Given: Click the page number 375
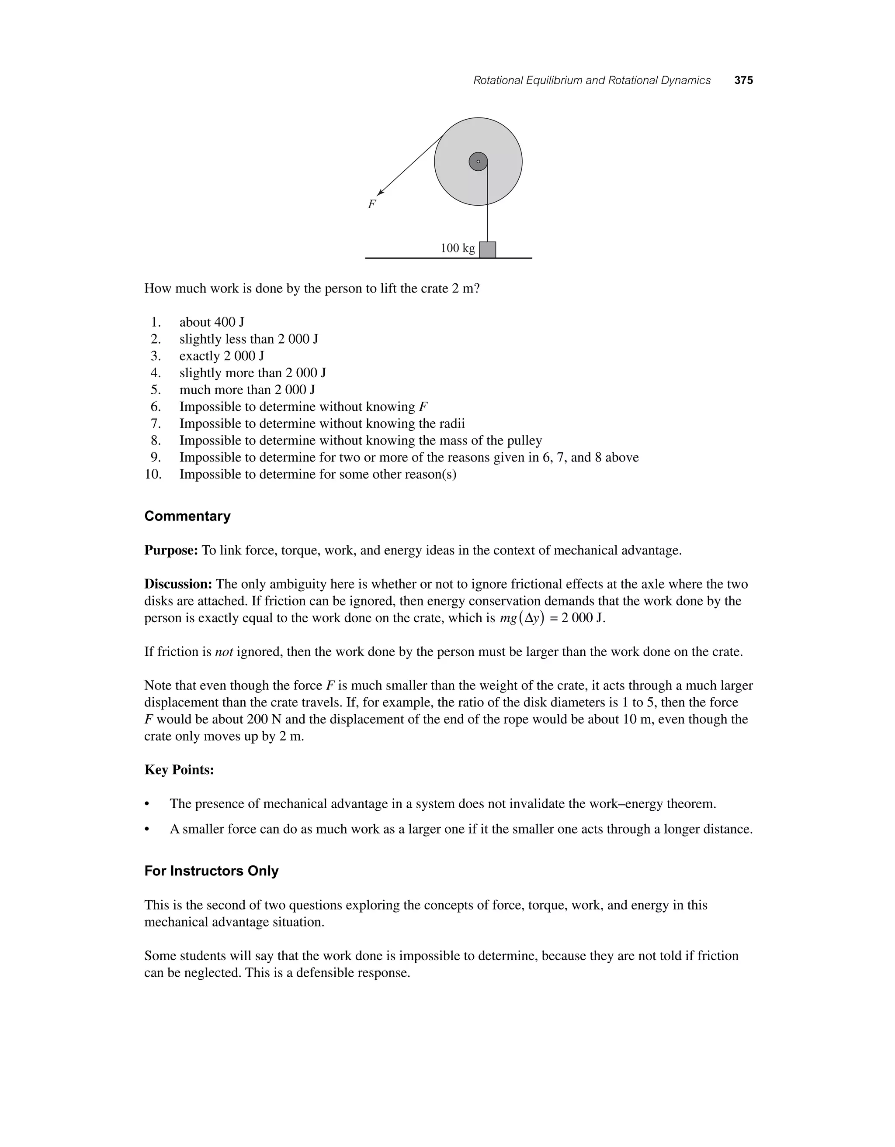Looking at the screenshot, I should (x=744, y=80).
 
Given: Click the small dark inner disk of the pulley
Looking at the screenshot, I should (x=478, y=162).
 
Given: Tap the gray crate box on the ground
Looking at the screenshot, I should (x=488, y=249).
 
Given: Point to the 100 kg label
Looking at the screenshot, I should (x=457, y=248).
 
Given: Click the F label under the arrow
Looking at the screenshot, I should (x=371, y=205).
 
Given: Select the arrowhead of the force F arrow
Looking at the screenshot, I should (x=381, y=193).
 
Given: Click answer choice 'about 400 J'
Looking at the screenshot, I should (x=212, y=322).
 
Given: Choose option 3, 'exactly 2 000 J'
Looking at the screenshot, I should (x=221, y=356).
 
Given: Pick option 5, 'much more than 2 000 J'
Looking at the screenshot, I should (x=247, y=390).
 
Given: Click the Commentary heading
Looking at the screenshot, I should (x=187, y=516).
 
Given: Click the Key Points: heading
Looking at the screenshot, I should (x=179, y=770).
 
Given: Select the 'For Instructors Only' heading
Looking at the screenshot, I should (x=211, y=871).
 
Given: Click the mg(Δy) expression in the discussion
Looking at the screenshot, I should (x=522, y=618).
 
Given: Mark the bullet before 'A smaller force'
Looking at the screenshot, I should (x=148, y=830).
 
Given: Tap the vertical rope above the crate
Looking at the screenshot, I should (x=488, y=210).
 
